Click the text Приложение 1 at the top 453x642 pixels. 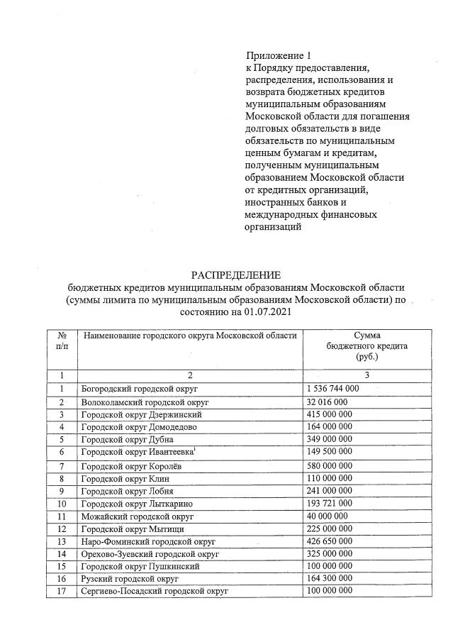coord(278,55)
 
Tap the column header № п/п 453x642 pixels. coord(62,340)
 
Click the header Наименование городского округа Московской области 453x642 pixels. coord(189,335)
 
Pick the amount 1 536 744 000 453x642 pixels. coord(333,389)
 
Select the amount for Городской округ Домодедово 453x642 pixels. coord(330,427)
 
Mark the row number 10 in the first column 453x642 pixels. coord(62,503)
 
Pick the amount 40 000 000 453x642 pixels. coord(328,516)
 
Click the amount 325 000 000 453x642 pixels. coord(330,553)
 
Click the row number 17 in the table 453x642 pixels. coord(62,592)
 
